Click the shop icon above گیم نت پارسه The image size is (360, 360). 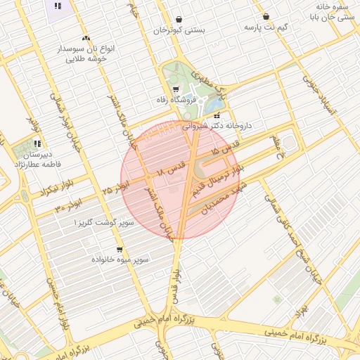pyautogui.click(x=266, y=16)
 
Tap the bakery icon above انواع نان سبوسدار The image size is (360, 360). pyautogui.click(x=86, y=38)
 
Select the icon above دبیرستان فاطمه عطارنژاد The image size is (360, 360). pyautogui.click(x=37, y=143)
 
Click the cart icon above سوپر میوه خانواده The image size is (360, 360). pyautogui.click(x=120, y=249)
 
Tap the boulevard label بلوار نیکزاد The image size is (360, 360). pyautogui.click(x=37, y=191)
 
